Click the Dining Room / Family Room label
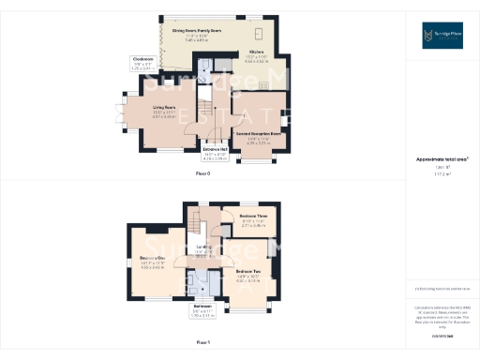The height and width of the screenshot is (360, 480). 196,31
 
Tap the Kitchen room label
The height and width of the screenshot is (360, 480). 256,52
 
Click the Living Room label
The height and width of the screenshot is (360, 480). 164,108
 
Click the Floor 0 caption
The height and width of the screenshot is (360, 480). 202,174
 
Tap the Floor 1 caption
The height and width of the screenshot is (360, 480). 202,343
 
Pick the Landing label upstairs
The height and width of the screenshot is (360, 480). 202,248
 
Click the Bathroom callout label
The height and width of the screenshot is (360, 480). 203,306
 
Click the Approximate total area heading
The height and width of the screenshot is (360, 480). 440,159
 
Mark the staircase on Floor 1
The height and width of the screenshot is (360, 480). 196,225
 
